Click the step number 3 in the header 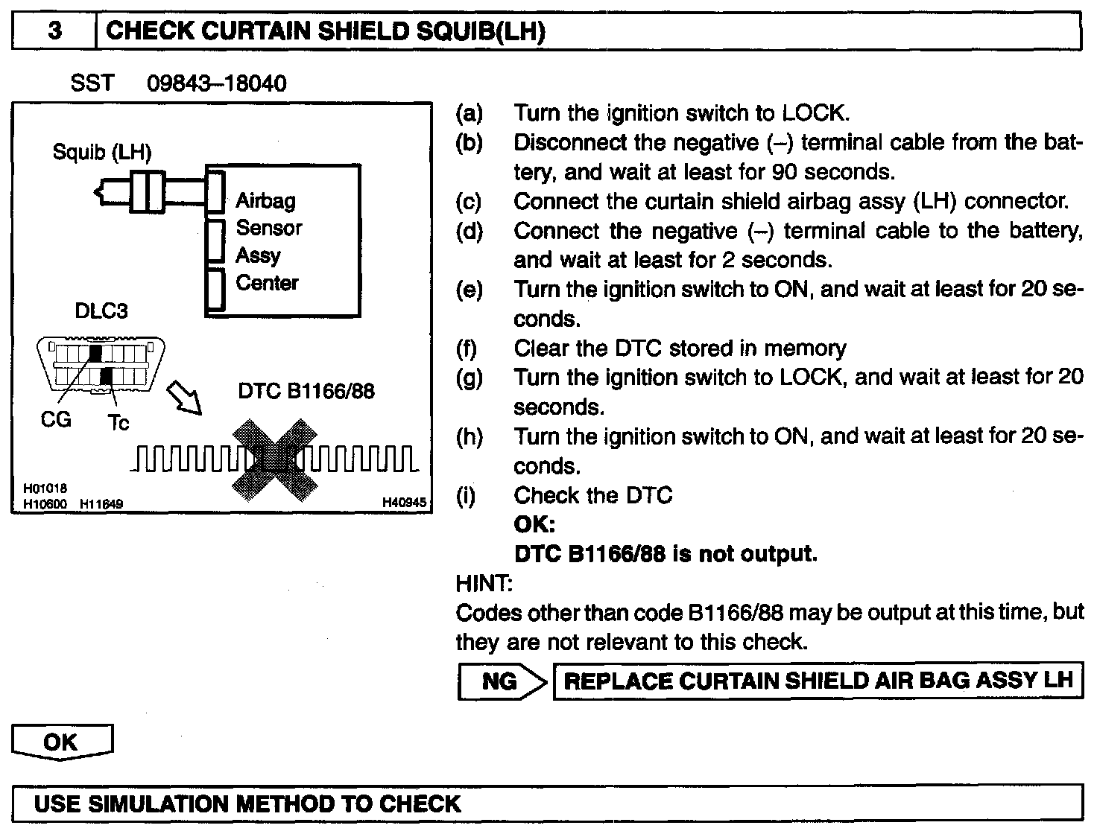55,31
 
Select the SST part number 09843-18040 216,83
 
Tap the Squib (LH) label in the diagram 102,153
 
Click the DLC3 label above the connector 101,311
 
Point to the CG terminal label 56,420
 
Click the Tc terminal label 118,423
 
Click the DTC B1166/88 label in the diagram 306,390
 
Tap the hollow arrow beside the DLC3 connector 183,398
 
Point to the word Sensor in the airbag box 269,228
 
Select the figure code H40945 404,503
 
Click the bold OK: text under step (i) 534,525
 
